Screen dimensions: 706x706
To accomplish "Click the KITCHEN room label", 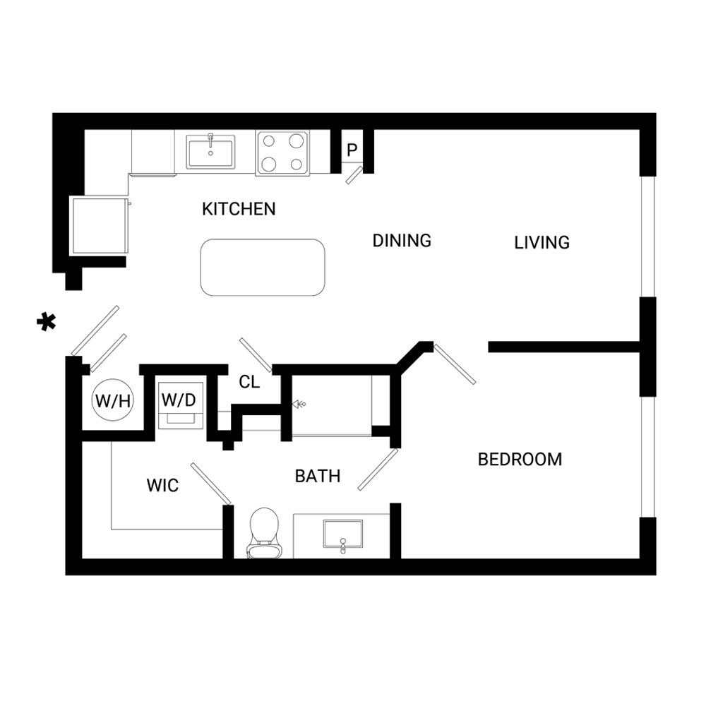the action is click(x=239, y=210).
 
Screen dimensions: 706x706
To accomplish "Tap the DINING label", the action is click(x=402, y=241).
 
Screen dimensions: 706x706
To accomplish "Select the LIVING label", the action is click(x=542, y=243).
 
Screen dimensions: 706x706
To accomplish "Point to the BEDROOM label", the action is click(x=520, y=460).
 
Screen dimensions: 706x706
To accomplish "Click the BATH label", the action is click(x=318, y=476).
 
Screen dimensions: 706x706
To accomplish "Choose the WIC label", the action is click(x=162, y=486).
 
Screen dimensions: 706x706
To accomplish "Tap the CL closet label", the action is click(x=249, y=382).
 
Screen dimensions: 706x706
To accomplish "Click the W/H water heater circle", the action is click(x=113, y=400).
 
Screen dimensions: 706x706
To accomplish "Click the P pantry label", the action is click(x=352, y=150).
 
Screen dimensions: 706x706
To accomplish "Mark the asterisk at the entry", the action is click(x=47, y=321).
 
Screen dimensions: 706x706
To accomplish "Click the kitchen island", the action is click(x=263, y=268).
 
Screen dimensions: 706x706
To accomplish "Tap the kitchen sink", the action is click(x=210, y=151).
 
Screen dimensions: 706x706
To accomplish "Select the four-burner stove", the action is click(x=282, y=153).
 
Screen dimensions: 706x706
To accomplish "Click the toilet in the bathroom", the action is click(x=264, y=533).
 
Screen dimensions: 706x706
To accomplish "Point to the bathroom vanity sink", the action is click(x=343, y=534).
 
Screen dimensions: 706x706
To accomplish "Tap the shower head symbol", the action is click(x=299, y=405).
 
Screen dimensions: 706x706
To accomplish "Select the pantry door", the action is click(x=354, y=175).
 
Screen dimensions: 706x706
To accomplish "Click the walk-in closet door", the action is click(x=210, y=484).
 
